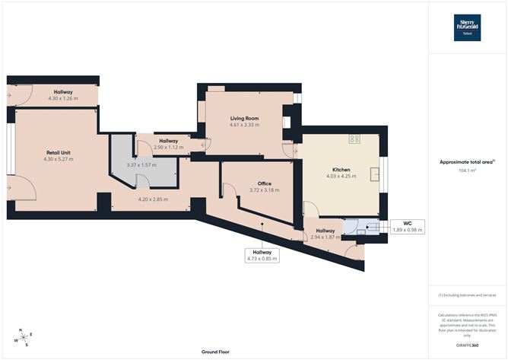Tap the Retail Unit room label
click(x=58, y=153)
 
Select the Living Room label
click(x=245, y=119)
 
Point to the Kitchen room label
click(x=340, y=169)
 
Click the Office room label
click(x=264, y=183)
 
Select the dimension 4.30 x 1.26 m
click(x=63, y=98)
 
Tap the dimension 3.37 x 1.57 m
click(x=141, y=164)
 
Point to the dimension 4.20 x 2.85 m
click(x=153, y=199)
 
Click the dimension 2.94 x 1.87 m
click(x=325, y=237)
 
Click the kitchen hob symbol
click(x=354, y=139)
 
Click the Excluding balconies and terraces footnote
click(x=468, y=295)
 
